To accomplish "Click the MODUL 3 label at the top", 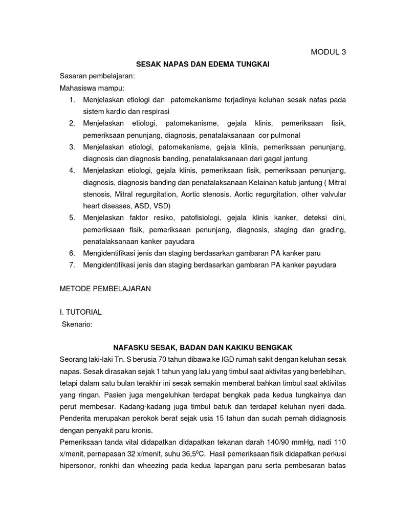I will pos(329,52).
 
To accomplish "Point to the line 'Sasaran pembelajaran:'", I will pos(97,76).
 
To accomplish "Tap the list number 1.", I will pos(72,99).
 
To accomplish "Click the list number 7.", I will pos(72,265).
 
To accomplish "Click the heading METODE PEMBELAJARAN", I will pos(105,289).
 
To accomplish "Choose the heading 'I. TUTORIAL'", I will pos(81,312).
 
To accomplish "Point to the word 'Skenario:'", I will pos(77,324).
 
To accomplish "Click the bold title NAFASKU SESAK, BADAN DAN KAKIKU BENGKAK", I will pos(203,347).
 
